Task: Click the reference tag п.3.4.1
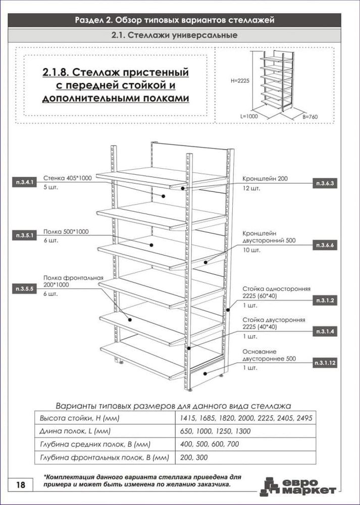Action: coord(24,182)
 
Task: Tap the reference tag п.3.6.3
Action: coord(325,184)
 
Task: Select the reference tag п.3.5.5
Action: coord(24,289)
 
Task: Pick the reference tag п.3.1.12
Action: coord(325,363)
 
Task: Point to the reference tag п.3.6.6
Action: coord(325,245)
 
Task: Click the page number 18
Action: coord(20,485)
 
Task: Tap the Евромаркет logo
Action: coord(298,487)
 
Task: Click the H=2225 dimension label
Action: coord(240,81)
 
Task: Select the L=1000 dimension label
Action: coord(249,117)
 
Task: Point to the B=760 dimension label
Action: coord(310,117)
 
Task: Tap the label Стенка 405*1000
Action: coord(67,178)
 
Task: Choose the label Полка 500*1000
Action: coord(66,232)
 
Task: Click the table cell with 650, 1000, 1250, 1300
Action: coord(214,431)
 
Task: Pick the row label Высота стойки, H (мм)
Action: coord(80,418)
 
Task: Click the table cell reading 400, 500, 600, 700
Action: coord(210,444)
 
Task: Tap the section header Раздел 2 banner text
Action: coord(175,20)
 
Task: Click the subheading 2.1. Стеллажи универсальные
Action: coord(175,35)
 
